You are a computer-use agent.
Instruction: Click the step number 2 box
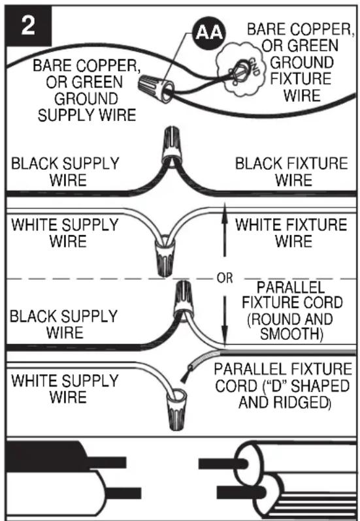pyautogui.click(x=29, y=25)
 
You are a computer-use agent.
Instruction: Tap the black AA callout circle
pyautogui.click(x=209, y=33)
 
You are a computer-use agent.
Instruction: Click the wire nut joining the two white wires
pyautogui.click(x=165, y=255)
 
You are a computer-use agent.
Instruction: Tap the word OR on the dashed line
pyautogui.click(x=225, y=278)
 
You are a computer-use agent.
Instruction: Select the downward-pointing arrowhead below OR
pyautogui.click(x=225, y=338)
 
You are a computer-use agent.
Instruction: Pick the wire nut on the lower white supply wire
pyautogui.click(x=176, y=409)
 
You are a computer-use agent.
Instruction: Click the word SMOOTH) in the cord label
pyautogui.click(x=291, y=334)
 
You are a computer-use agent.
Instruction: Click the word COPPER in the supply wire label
pyautogui.click(x=109, y=65)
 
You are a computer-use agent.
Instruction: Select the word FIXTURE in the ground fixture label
pyautogui.click(x=300, y=79)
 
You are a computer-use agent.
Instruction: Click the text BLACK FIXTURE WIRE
pyautogui.click(x=291, y=172)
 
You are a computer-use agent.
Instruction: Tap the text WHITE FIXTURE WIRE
pyautogui.click(x=291, y=233)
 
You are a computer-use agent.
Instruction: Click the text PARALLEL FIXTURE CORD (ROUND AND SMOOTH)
pyautogui.click(x=291, y=311)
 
